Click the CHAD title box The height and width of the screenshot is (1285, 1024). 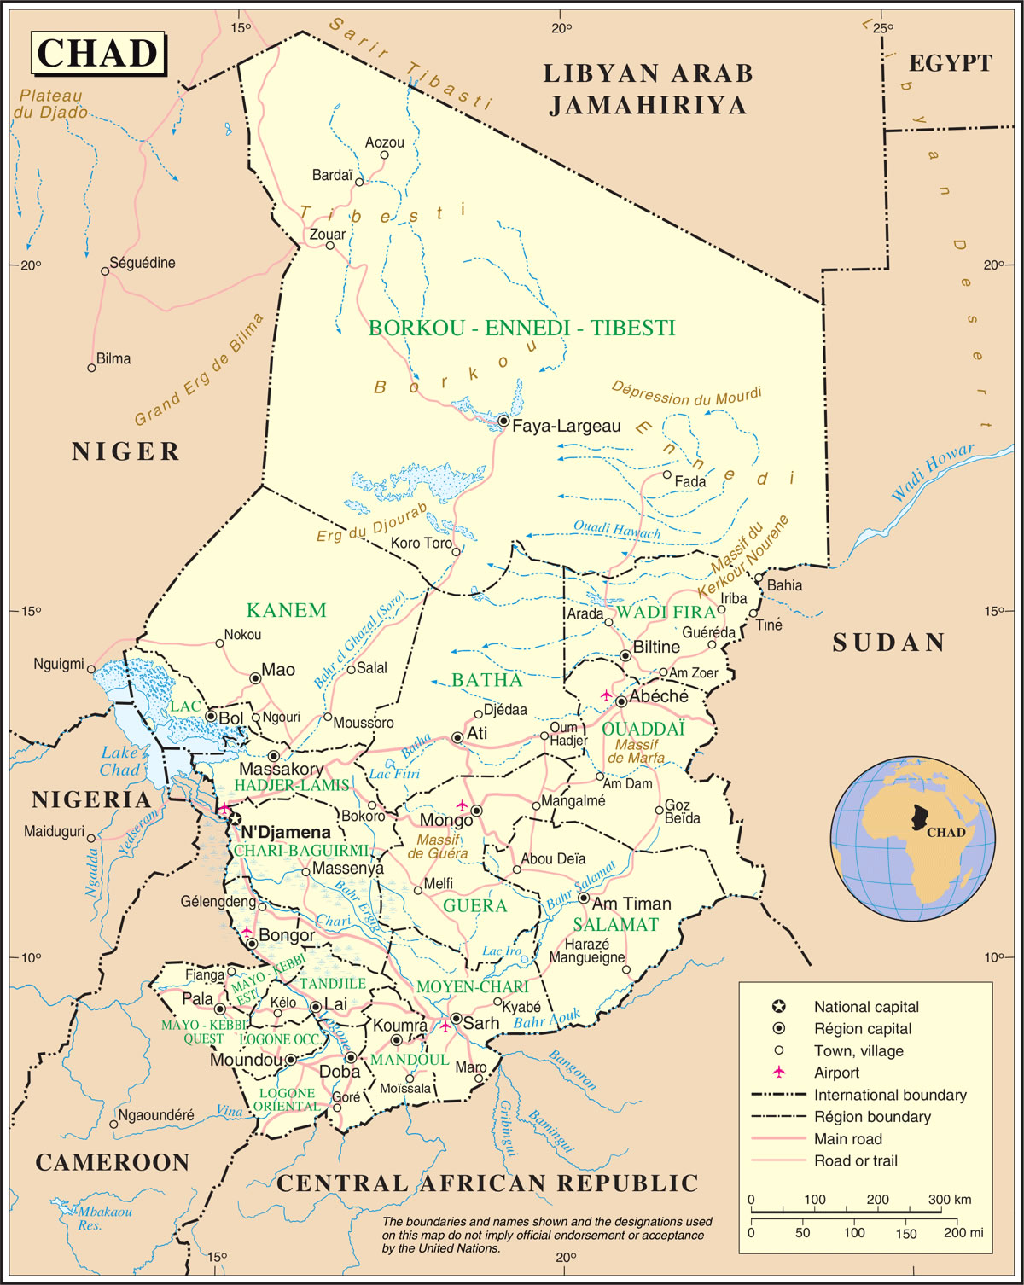[x=98, y=53]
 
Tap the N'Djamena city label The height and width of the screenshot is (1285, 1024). [x=285, y=832]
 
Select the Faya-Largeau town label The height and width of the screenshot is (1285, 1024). [x=567, y=426]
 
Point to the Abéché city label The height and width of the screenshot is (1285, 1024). [x=659, y=697]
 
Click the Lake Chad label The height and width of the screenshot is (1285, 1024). [x=119, y=761]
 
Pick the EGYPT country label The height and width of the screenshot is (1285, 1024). [x=950, y=63]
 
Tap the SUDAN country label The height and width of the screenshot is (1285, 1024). [x=888, y=642]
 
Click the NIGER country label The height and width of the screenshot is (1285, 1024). [x=126, y=451]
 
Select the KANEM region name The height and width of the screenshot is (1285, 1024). [x=287, y=610]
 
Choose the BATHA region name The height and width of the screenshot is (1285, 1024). [x=486, y=680]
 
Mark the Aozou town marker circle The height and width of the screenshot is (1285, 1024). [x=385, y=154]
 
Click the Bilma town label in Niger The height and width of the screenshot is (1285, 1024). [x=113, y=359]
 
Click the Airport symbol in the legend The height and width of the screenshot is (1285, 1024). [x=778, y=1073]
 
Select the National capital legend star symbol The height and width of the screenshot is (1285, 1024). [x=778, y=1007]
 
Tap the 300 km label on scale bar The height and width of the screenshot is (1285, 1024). [x=949, y=1199]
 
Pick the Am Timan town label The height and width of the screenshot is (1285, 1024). [x=631, y=904]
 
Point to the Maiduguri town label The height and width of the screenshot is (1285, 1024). [x=54, y=831]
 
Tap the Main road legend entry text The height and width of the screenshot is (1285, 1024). [x=848, y=1139]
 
